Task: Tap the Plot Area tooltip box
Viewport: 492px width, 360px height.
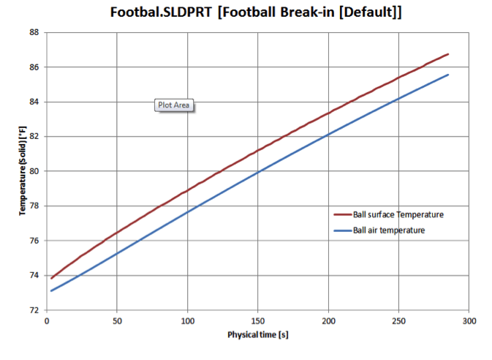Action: point(174,105)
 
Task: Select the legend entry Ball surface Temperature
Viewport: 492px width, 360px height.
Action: point(398,214)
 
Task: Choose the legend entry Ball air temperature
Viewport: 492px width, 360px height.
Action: point(388,230)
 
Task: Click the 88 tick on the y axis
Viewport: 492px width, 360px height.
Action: point(34,32)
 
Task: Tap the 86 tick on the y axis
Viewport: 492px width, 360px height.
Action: point(34,67)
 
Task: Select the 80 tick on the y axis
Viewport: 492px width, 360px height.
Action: point(34,171)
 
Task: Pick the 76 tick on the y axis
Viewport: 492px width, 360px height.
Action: point(34,241)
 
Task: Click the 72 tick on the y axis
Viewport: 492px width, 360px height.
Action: point(34,310)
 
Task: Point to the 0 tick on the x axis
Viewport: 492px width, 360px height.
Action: point(47,320)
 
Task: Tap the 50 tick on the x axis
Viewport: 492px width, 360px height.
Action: point(117,320)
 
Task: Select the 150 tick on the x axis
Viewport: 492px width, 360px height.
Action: point(258,320)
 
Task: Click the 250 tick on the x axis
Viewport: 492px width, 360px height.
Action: point(399,320)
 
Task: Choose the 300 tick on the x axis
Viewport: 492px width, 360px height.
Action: point(469,320)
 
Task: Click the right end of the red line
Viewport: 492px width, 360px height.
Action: point(448,54)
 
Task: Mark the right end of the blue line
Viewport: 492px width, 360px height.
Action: point(448,75)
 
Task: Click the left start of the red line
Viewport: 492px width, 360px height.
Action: point(51,278)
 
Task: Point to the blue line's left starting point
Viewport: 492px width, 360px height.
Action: point(51,290)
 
